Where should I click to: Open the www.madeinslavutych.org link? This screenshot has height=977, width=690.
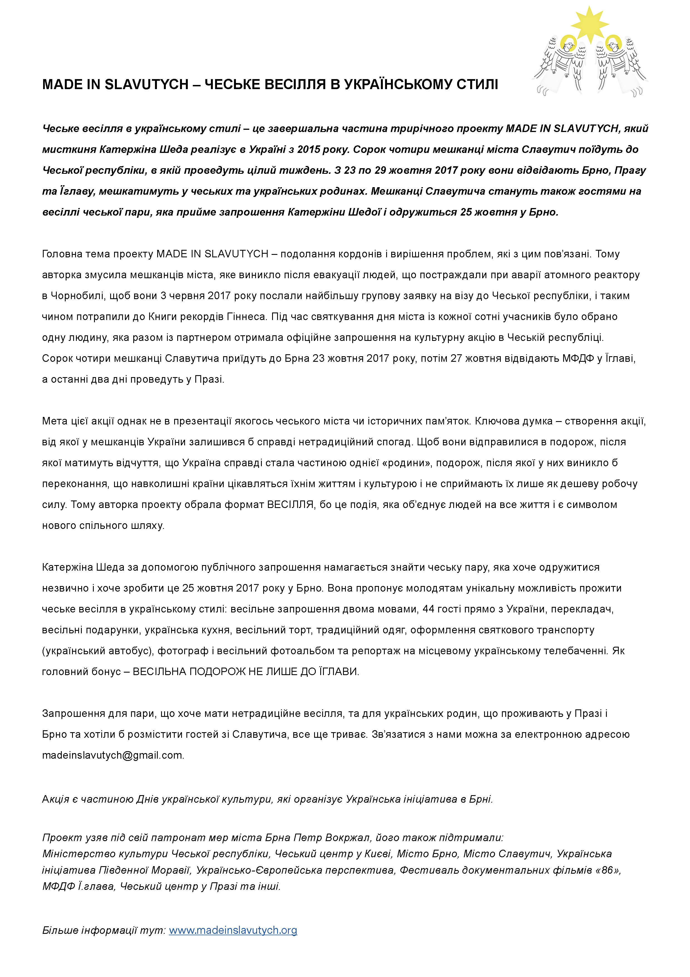233,930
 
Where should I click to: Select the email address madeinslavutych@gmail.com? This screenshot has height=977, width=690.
113,755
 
